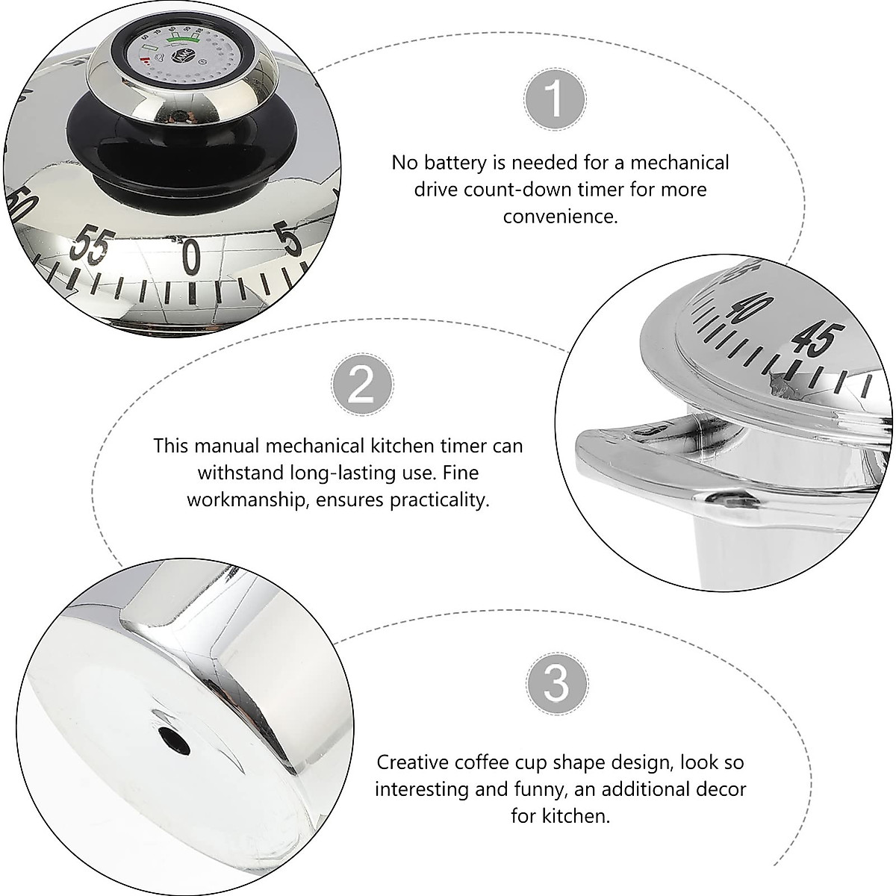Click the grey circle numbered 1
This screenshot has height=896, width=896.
tap(555, 100)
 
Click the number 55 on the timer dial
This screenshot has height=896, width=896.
tap(91, 249)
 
